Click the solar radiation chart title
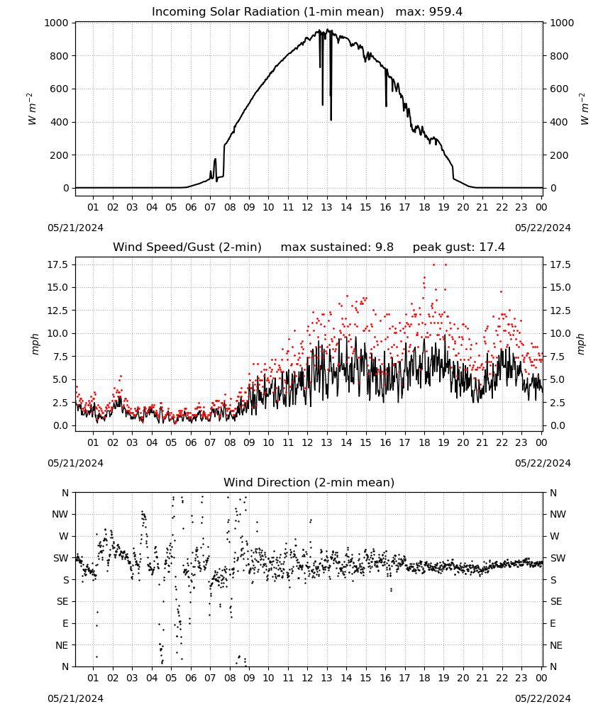tap(267, 12)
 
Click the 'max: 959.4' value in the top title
tap(429, 12)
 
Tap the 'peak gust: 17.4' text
tap(458, 247)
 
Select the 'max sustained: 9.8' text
tap(337, 247)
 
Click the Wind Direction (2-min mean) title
tap(309, 482)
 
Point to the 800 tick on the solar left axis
tap(60, 56)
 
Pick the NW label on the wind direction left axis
tap(60, 515)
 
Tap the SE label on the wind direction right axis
tap(556, 602)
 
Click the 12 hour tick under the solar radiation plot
tap(307, 208)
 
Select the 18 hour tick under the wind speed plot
tap(424, 442)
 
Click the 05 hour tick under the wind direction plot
tap(171, 679)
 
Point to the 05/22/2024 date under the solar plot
tap(543, 228)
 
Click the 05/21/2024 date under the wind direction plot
tap(75, 699)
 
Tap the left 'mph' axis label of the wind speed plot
tap(35, 344)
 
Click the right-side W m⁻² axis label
tap(584, 109)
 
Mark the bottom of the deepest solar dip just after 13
tap(331, 120)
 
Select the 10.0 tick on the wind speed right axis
tap(560, 334)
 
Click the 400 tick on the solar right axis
tap(559, 122)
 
